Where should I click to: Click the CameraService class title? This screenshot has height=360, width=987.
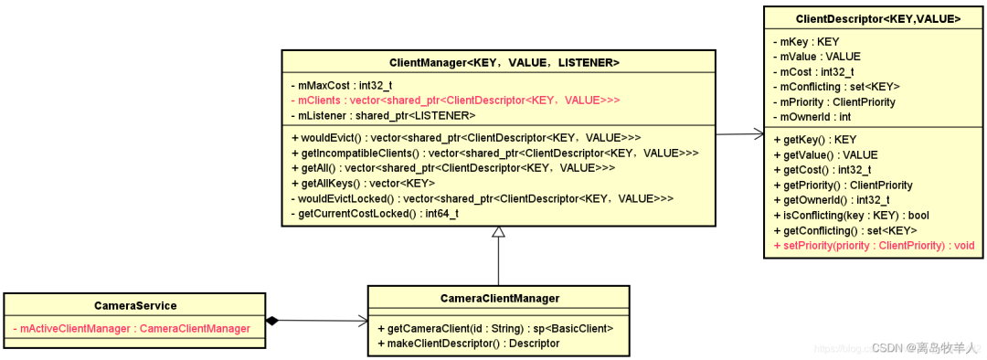pos(135,306)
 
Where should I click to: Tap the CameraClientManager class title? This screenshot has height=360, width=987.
pos(500,298)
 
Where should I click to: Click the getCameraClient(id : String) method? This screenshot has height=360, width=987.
pos(495,328)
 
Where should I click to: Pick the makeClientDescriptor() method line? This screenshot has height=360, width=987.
pos(468,343)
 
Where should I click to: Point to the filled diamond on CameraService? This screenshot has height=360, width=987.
pos(272,321)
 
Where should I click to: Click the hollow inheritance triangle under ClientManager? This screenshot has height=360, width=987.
pos(499,231)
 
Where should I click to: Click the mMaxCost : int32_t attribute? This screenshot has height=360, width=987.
pos(342,85)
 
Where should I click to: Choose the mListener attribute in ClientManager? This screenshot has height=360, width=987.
pos(383,115)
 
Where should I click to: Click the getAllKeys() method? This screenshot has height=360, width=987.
pos(363,183)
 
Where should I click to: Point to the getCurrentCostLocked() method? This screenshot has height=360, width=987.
pos(375,214)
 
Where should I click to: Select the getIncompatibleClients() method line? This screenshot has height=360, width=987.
pos(495,153)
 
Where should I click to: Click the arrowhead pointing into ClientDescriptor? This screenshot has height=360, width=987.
pos(758,132)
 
